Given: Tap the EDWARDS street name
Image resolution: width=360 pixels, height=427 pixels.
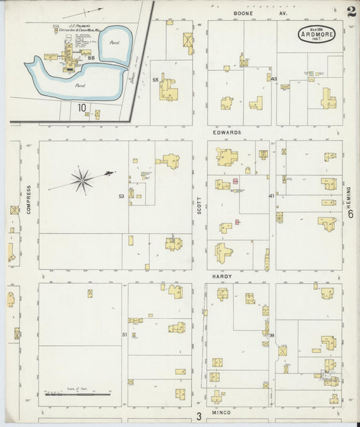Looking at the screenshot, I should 228,132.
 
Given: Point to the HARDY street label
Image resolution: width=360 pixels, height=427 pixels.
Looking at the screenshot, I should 224,276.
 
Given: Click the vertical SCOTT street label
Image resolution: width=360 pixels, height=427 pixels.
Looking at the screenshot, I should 199,205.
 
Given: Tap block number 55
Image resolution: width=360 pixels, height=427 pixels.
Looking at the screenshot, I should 155,80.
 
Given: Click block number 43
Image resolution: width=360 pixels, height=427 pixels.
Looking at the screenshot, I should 273,79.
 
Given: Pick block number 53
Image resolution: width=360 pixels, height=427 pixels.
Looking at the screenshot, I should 122,197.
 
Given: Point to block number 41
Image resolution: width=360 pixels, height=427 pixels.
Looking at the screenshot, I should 272,196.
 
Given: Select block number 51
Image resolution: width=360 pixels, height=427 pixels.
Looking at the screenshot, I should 124,334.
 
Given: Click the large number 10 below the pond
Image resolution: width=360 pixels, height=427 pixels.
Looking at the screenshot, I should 82,107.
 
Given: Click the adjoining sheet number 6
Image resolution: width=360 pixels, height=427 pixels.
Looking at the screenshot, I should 351,214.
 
